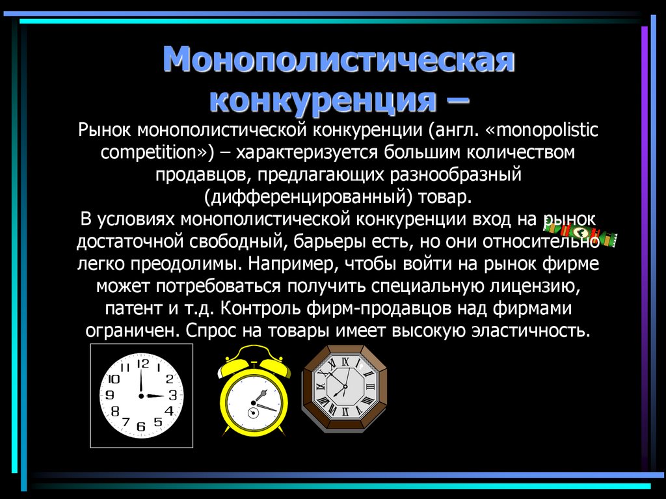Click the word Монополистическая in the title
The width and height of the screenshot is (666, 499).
[339, 62]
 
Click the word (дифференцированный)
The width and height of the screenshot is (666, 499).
[305, 197]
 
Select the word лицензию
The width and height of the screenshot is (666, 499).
[525, 286]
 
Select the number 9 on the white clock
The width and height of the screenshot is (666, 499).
[109, 395]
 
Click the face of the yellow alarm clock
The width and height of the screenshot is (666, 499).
[254, 405]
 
